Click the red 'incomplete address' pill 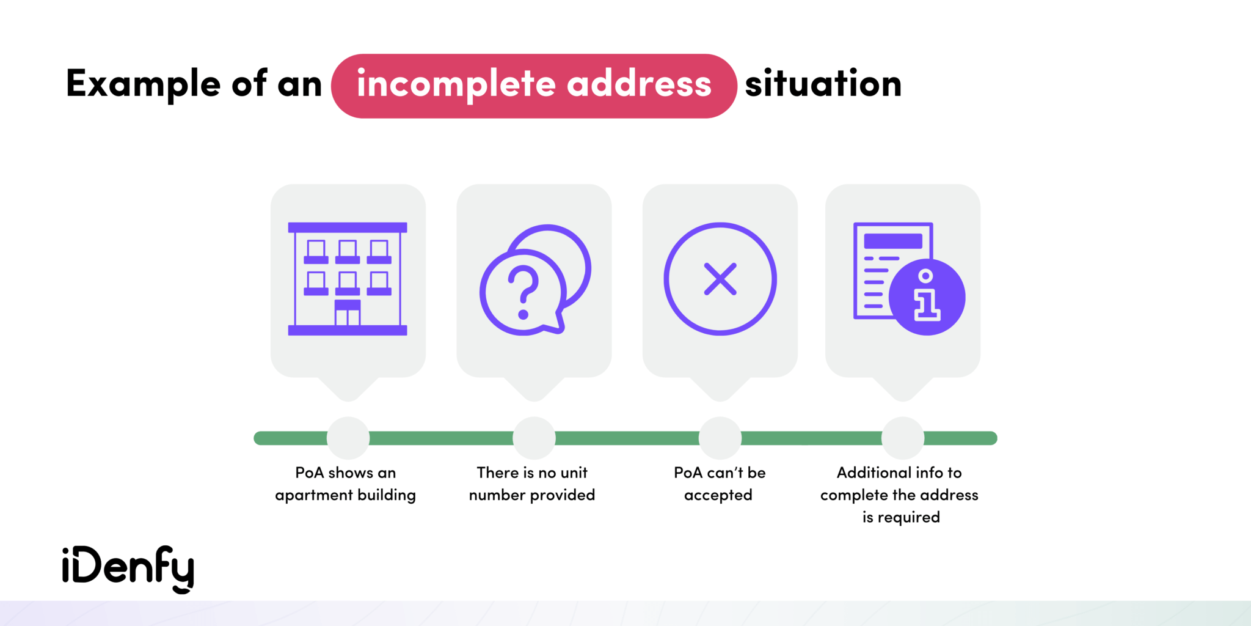[534, 86]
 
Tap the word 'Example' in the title [143, 84]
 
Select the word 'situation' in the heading [823, 84]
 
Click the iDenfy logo [128, 568]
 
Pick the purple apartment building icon [348, 279]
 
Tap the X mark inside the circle [720, 279]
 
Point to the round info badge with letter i [927, 297]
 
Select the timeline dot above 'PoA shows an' [348, 438]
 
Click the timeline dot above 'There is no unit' [534, 438]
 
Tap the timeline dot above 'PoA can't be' [720, 438]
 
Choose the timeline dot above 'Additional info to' [903, 438]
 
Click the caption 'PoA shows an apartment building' [346, 484]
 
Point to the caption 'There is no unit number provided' [532, 484]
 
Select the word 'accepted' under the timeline [718, 495]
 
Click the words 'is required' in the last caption [901, 517]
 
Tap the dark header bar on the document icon [893, 241]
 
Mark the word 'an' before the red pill [299, 84]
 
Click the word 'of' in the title [249, 84]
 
